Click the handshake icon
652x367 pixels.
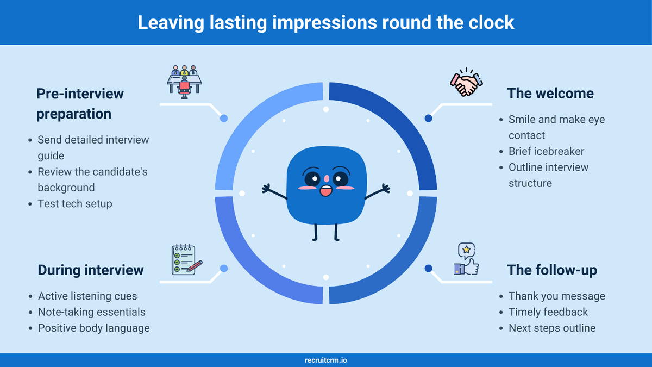[x=466, y=82]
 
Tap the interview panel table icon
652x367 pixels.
[x=184, y=82]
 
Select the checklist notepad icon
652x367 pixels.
[x=186, y=260]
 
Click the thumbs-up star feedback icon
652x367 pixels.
[x=466, y=259]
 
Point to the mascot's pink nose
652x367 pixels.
[x=327, y=178]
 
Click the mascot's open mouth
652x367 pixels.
[x=326, y=191]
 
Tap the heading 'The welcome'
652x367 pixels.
[x=550, y=94]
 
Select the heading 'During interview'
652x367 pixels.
[x=91, y=270]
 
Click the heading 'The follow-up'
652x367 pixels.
[x=552, y=270]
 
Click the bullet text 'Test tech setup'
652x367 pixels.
[x=75, y=203]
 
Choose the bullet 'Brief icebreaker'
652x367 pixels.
[x=546, y=152]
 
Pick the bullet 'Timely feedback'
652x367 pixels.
[x=548, y=312]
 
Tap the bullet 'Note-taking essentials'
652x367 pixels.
[x=92, y=312]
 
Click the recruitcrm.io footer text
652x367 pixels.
[x=325, y=360]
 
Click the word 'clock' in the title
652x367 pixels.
[x=491, y=22]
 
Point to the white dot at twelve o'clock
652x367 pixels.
[x=326, y=109]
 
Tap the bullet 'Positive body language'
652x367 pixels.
[x=93, y=328]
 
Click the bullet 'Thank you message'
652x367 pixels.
[x=557, y=296]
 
